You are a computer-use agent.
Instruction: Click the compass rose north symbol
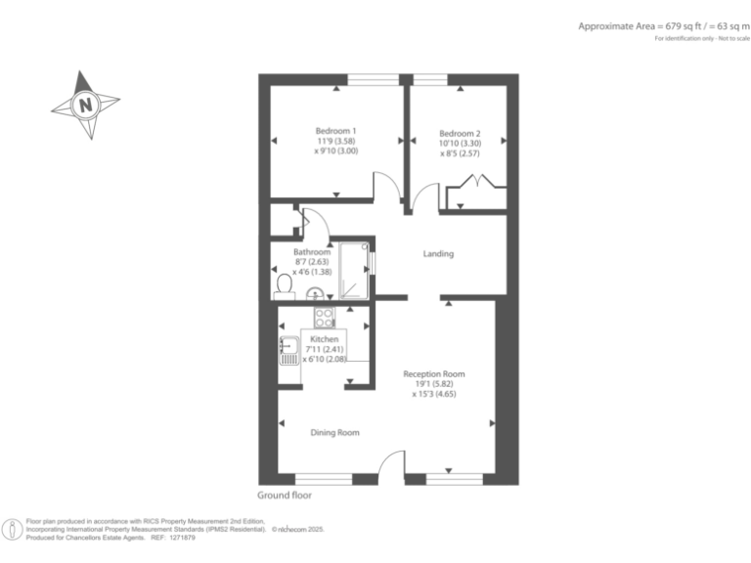[x=86, y=103]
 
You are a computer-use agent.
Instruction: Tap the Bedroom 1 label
[x=335, y=132]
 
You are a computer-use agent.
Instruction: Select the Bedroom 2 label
[x=460, y=134]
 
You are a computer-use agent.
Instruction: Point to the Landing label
[x=437, y=254]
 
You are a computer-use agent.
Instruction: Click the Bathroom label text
[x=313, y=252]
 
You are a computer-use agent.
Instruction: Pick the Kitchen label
[x=324, y=339]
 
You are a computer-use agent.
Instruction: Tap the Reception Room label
[x=434, y=373]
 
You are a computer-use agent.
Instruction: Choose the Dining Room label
[x=335, y=432]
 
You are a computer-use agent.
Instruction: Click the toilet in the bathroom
[x=285, y=284]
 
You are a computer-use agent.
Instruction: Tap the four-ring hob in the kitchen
[x=325, y=317]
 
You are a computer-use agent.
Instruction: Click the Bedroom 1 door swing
[x=386, y=186]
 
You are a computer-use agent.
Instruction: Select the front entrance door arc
[x=390, y=464]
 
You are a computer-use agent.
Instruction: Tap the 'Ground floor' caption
[x=284, y=496]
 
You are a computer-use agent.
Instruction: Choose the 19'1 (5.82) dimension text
[x=434, y=384]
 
